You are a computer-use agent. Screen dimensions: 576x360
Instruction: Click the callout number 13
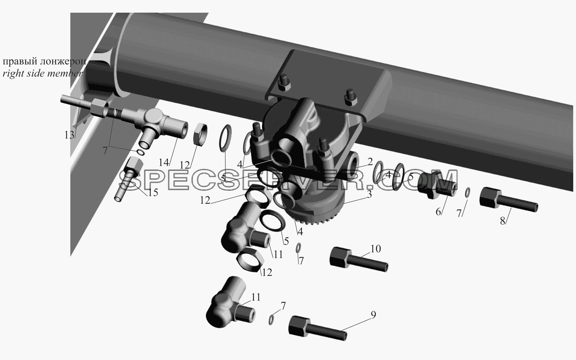pos(69,135)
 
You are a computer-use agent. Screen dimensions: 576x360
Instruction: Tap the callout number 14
pos(164,162)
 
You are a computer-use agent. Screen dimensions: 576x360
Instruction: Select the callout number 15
pos(153,193)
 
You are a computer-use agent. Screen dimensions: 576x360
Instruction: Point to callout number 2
pos(370,162)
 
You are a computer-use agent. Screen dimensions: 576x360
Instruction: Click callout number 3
pos(369,194)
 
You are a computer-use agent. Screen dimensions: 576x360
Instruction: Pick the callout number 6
pos(438,212)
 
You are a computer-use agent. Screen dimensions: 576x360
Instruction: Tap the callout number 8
pos(503,221)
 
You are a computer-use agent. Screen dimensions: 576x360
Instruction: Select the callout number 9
pos(373,315)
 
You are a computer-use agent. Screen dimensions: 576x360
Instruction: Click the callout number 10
pos(376,249)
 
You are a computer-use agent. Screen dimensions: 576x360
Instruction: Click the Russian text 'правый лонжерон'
pos(44,62)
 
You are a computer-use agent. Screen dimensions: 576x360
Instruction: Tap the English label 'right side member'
pos(42,74)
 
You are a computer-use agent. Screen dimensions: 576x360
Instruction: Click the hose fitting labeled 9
pos(318,329)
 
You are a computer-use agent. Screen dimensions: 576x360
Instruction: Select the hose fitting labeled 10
pos(359,259)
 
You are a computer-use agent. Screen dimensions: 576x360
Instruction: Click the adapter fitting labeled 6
pos(437,185)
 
